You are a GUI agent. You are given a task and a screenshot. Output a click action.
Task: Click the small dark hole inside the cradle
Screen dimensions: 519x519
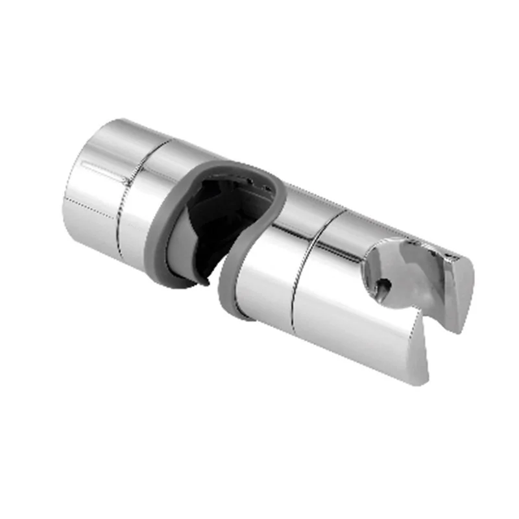[x=385, y=284]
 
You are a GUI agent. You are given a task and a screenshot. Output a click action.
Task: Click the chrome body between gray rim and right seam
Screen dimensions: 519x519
[x=266, y=285]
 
